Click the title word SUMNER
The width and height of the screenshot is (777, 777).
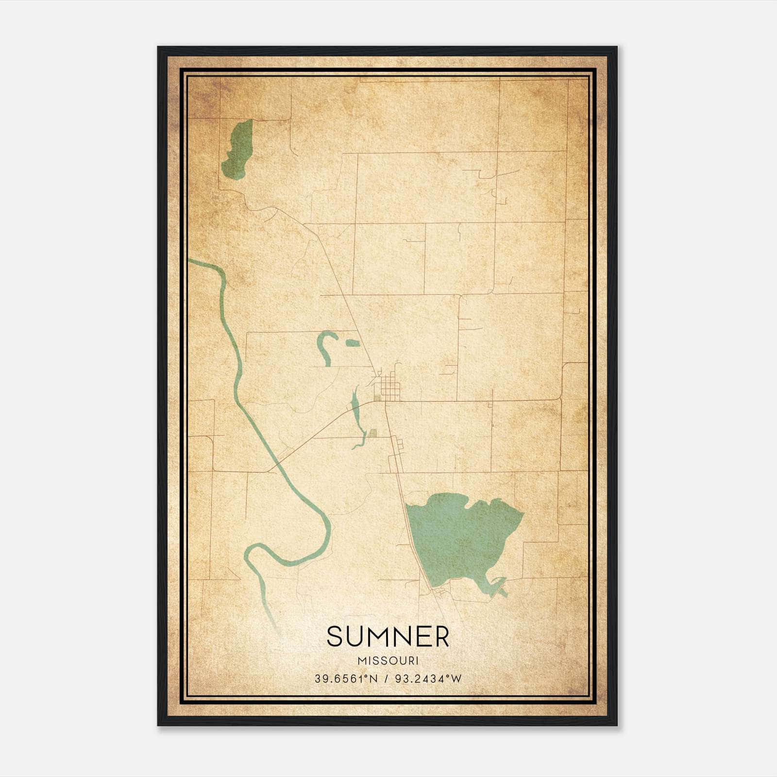[388, 637]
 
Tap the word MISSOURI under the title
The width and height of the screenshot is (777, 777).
[388, 661]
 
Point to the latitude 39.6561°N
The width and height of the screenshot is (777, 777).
[346, 679]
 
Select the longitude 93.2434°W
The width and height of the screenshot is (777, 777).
[428, 679]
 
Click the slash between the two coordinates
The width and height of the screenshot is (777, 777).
[387, 679]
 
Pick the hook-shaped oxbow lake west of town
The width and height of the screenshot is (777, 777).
[324, 346]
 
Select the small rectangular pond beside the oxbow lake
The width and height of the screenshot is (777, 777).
[353, 343]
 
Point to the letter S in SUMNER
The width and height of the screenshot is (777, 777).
[335, 637]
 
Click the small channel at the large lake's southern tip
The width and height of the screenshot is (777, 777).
[500, 589]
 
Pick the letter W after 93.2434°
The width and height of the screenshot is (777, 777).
[456, 679]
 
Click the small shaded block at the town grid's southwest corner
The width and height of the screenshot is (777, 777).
[377, 400]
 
